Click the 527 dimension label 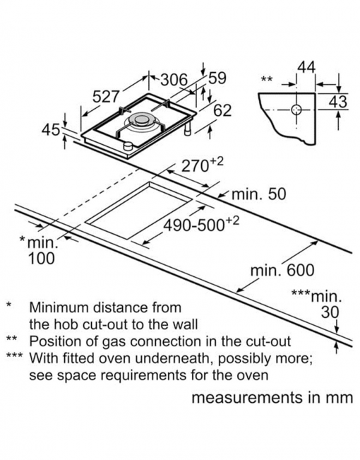point(106,97)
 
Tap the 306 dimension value point(174,80)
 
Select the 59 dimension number point(217,78)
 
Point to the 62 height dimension point(222,110)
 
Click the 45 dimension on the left point(51,130)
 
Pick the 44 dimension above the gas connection point(306,67)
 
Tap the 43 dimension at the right point(337,102)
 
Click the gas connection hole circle point(296,110)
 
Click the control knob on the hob point(128,146)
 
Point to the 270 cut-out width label point(203,165)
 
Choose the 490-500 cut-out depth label point(201,225)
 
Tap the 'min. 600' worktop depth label point(282,270)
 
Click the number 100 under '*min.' point(41,259)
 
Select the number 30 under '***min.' point(330,312)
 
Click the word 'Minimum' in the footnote point(59,307)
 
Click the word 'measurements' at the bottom point(247,398)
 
